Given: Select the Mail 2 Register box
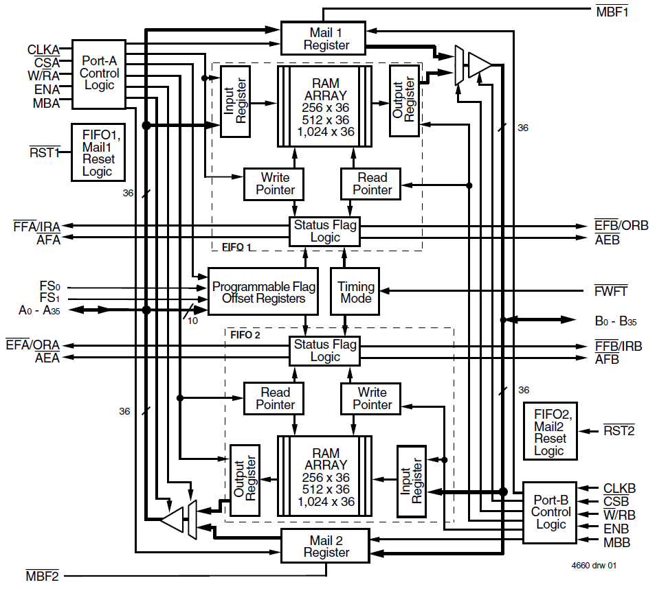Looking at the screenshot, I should pyautogui.click(x=326, y=546).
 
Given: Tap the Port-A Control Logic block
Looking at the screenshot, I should pyautogui.click(x=99, y=73).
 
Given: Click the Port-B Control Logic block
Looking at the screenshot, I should pyautogui.click(x=550, y=512).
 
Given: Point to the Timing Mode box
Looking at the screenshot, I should pyautogui.click(x=355, y=292).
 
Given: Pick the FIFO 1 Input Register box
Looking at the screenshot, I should pyautogui.click(x=235, y=102).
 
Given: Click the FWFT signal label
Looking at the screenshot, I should pyautogui.click(x=610, y=292).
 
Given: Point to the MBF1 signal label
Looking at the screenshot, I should pyautogui.click(x=612, y=11).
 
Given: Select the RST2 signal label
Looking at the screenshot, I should pyautogui.click(x=619, y=431).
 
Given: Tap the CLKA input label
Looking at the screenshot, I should pyautogui.click(x=43, y=49).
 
